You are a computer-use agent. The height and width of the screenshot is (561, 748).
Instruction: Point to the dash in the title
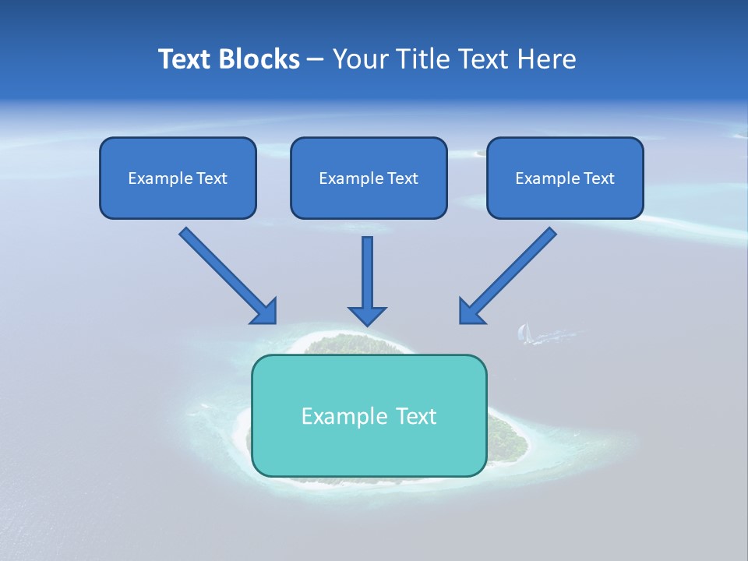coord(316,60)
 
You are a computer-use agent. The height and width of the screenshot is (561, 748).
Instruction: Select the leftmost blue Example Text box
coord(178,178)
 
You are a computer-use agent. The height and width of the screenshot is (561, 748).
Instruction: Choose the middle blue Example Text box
coord(369,178)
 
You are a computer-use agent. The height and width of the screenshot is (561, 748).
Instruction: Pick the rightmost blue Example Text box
coord(565,178)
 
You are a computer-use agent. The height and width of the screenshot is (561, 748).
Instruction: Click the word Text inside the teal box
coord(417,416)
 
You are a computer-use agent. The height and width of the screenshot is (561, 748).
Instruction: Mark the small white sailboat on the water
coord(524,333)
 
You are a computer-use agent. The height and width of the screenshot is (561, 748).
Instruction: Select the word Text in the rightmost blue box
coord(598,178)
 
